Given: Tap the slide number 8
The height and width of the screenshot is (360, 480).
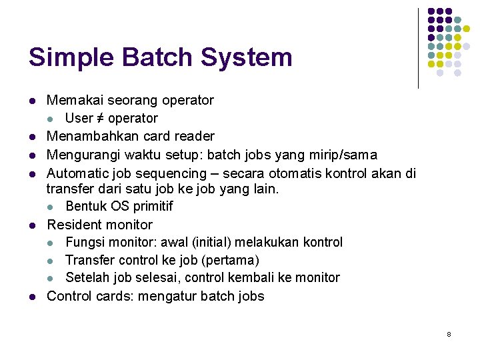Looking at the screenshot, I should [449, 334].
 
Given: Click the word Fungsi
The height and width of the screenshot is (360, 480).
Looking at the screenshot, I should [83, 242].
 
